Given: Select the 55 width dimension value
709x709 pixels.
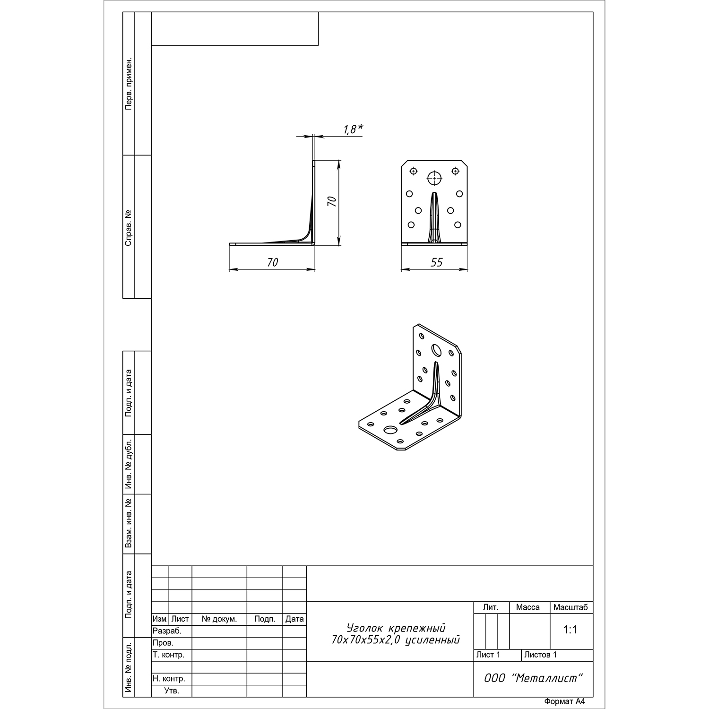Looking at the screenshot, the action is [x=436, y=262].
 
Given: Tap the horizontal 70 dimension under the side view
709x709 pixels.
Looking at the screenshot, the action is [x=273, y=262].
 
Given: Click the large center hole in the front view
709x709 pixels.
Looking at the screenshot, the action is [x=434, y=178].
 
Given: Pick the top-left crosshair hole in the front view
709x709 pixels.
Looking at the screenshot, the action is [x=414, y=171].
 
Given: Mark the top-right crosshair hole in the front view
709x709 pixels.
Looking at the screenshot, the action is [x=455, y=171].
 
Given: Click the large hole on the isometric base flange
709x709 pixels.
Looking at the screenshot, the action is [x=390, y=430].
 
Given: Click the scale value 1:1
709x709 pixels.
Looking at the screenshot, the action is [x=571, y=630].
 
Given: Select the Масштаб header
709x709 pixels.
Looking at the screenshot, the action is [x=571, y=607].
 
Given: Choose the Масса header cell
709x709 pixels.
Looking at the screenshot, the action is [x=528, y=607].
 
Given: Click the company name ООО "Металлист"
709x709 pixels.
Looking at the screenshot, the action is [x=533, y=678].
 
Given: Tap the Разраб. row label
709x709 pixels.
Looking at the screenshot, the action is [x=167, y=631].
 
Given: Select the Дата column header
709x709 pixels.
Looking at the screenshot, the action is [x=294, y=619].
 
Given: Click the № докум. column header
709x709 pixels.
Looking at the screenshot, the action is [x=219, y=619].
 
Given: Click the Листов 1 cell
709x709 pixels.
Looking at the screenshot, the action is [x=541, y=655].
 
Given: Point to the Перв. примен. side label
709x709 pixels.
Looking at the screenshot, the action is [x=129, y=85].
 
